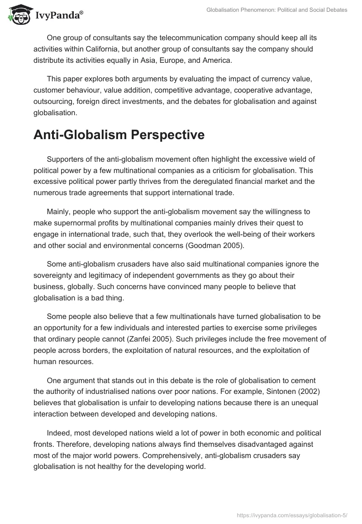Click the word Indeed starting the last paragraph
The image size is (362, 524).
point(58,433)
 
